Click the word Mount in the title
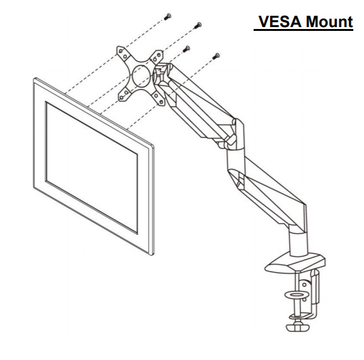point(329,22)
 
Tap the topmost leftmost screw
point(168,16)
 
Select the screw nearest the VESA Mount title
point(198,25)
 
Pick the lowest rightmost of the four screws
point(216,56)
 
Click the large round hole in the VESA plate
point(141,76)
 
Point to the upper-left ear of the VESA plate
point(122,52)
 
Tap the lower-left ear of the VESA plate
point(123,95)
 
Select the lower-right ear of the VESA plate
point(159,98)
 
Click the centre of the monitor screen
point(91,167)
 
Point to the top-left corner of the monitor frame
point(34,78)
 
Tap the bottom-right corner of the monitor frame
point(153,255)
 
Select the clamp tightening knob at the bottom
point(298,327)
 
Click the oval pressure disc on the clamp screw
point(297,295)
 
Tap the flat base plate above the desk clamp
point(295,264)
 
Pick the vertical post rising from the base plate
point(298,243)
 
